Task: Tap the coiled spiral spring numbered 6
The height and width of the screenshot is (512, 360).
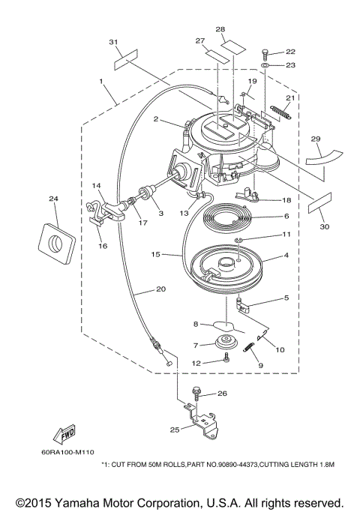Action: [x=226, y=217]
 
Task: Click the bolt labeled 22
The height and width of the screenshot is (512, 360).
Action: [x=265, y=55]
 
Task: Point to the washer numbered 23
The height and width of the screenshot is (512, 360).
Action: [x=265, y=66]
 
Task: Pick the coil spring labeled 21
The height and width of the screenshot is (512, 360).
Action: [x=280, y=112]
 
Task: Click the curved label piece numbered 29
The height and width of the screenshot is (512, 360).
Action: [x=322, y=157]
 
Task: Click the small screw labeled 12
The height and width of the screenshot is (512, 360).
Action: [x=226, y=358]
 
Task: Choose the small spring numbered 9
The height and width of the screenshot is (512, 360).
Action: [x=250, y=346]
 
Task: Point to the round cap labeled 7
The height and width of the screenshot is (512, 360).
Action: [x=225, y=342]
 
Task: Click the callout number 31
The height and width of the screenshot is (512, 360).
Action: [x=113, y=42]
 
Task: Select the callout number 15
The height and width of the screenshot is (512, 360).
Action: [x=155, y=254]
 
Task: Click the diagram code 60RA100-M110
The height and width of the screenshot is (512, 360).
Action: [x=68, y=452]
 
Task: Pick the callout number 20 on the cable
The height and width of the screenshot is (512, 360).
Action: [x=161, y=289]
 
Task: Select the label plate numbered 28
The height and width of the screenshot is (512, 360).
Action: [x=232, y=46]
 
